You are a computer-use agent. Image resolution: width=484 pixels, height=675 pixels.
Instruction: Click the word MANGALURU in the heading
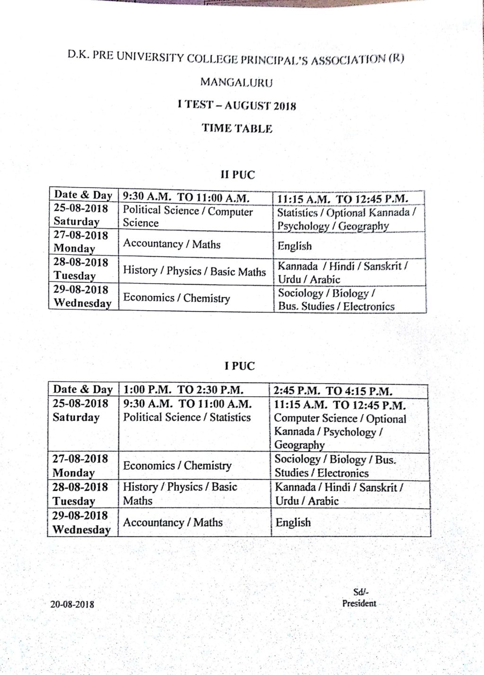pos(236,82)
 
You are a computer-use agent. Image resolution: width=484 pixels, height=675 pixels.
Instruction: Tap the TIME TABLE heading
pos(237,128)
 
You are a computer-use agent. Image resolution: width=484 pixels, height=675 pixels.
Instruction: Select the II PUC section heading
pos(237,175)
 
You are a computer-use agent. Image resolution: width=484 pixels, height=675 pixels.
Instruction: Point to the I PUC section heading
pos(239,366)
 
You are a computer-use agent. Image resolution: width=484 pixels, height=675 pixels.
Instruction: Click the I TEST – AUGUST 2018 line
pos(237,105)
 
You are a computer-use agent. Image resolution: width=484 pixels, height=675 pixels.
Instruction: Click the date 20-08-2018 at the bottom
pos(72,604)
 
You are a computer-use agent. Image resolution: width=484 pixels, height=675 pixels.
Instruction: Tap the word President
pos(359,603)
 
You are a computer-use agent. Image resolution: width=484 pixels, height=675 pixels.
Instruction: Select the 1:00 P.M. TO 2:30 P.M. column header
pos(183,390)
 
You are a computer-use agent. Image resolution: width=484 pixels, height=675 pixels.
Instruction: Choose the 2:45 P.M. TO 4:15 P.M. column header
pos(333,391)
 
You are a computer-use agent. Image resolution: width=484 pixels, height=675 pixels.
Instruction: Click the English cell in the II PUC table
pos(294,246)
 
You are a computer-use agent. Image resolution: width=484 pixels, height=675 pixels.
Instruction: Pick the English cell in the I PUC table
pos(293,522)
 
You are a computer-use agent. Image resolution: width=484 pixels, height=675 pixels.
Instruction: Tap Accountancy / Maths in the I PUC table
pos(173,522)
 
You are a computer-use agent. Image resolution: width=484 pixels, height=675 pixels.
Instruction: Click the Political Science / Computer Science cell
pos(188,217)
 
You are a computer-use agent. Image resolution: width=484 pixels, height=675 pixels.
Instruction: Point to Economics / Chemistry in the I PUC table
pos(177,466)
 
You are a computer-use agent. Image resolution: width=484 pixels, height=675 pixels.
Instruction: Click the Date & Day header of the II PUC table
pos(83,195)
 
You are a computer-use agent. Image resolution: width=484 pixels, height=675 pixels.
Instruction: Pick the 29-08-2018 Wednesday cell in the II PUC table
pos(82,297)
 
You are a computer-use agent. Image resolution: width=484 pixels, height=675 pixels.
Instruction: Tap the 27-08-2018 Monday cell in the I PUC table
pos(80,466)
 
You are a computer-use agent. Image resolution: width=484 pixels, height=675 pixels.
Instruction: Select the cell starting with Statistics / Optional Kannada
pos(346,219)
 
